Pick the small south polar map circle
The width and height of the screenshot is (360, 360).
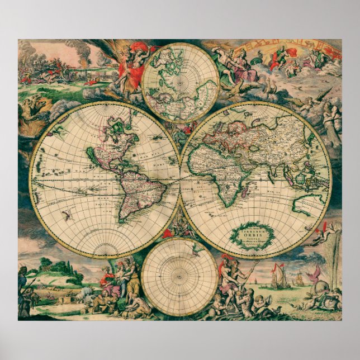point(179,276)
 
